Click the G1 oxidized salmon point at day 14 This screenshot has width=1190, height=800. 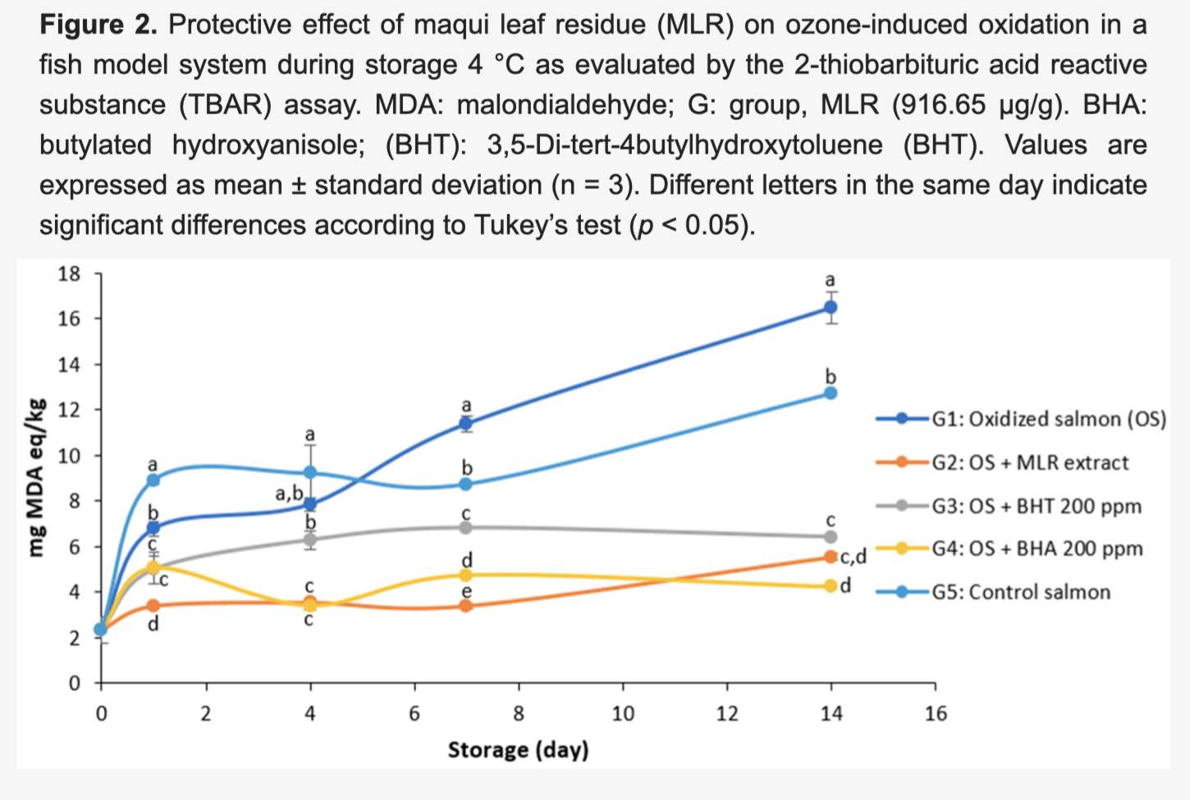pyautogui.click(x=831, y=307)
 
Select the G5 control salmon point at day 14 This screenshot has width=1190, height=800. pyautogui.click(x=831, y=393)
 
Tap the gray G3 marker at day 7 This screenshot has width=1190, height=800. pyautogui.click(x=466, y=527)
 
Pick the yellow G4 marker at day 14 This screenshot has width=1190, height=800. pyautogui.click(x=831, y=586)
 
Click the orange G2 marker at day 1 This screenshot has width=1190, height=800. pyautogui.click(x=153, y=605)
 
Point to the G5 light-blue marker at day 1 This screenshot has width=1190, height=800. pyautogui.click(x=153, y=480)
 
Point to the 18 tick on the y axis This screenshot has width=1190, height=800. pyautogui.click(x=70, y=274)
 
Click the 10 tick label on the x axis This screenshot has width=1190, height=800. pyautogui.click(x=623, y=714)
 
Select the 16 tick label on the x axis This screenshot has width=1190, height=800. pyautogui.click(x=936, y=714)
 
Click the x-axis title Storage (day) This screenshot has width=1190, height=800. pyautogui.click(x=518, y=749)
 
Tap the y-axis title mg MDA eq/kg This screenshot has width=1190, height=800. pyautogui.click(x=36, y=477)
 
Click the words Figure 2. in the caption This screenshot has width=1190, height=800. pyautogui.click(x=98, y=25)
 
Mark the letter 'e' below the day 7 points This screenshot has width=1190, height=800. pyautogui.click(x=466, y=591)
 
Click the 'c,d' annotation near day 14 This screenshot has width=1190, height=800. pyautogui.click(x=853, y=558)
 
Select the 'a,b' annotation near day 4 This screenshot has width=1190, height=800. pyautogui.click(x=289, y=494)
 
